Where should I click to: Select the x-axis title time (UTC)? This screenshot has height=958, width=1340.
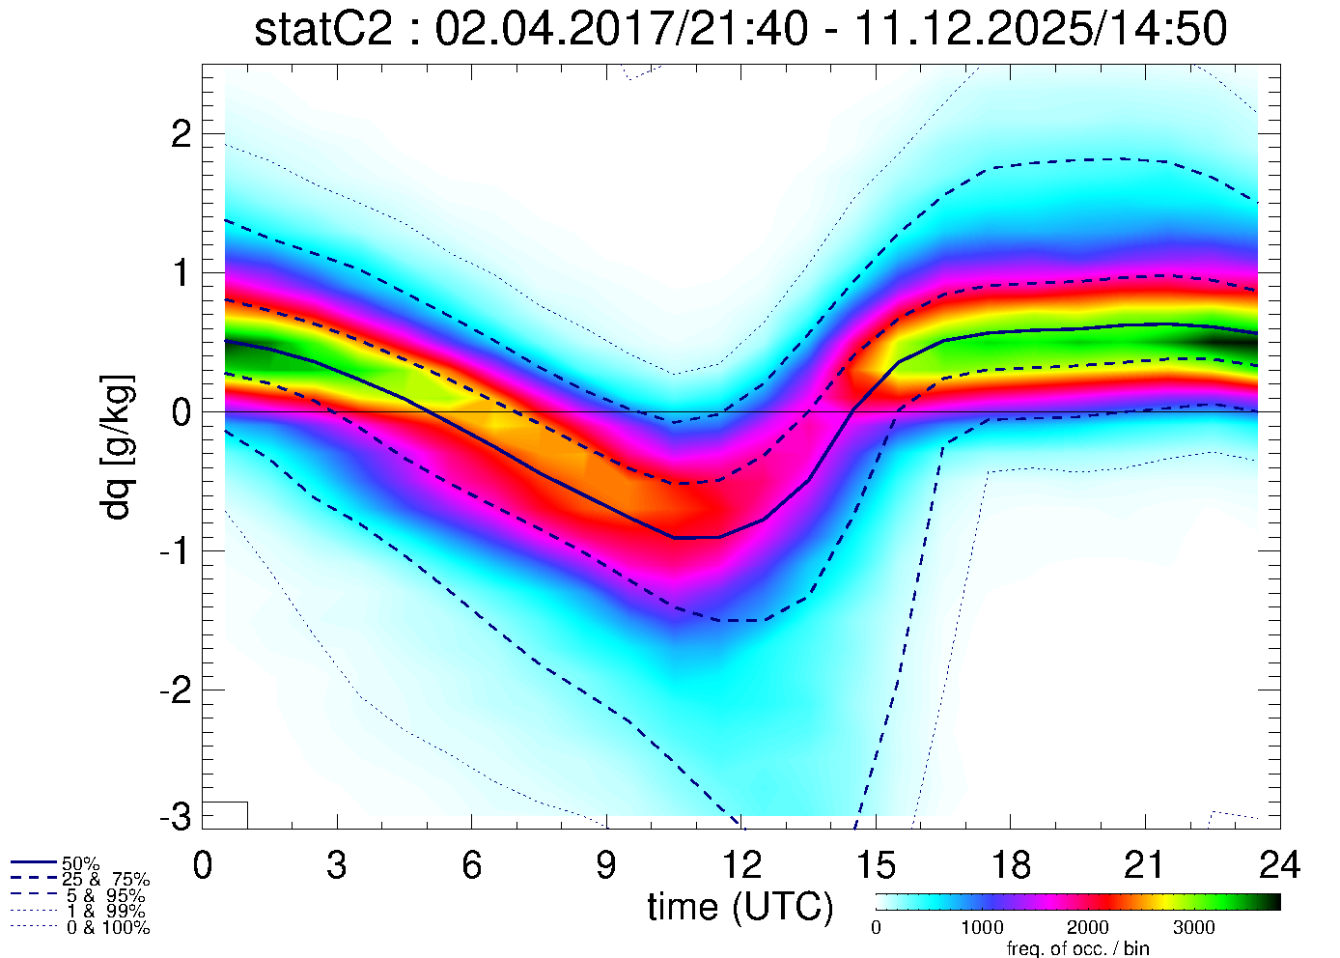(740, 907)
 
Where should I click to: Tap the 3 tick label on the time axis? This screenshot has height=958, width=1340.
(336, 864)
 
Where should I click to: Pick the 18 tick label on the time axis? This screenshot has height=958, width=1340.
(1010, 864)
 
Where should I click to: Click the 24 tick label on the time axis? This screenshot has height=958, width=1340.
(1279, 864)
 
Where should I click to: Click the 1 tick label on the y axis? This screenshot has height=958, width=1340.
(181, 273)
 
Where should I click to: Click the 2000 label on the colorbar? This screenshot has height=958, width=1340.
(1087, 928)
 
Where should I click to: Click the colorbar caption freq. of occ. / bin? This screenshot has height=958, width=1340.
(1077, 948)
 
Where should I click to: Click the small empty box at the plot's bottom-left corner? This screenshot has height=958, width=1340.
(225, 814)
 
